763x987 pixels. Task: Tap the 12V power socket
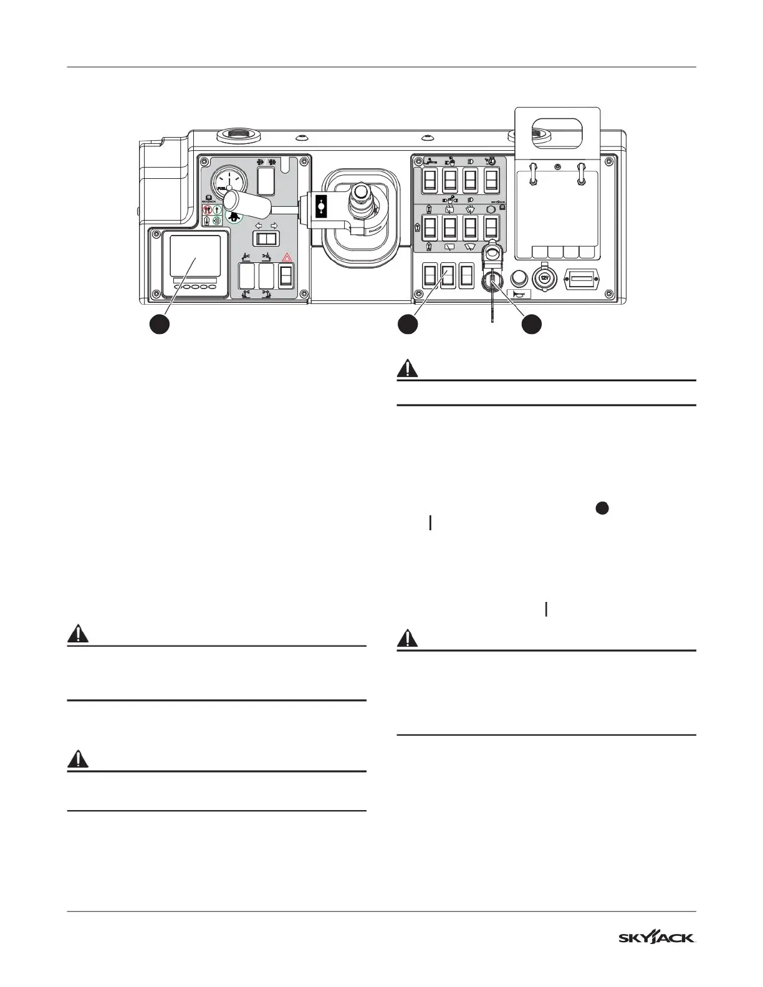pos(545,279)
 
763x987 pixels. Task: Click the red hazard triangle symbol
pos(286,257)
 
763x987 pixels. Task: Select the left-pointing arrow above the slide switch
pos(259,226)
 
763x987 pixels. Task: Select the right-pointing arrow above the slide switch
pos(274,226)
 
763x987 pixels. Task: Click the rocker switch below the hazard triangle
pos(286,275)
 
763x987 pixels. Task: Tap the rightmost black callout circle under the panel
pos(531,325)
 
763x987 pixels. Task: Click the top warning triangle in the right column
pos(408,368)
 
